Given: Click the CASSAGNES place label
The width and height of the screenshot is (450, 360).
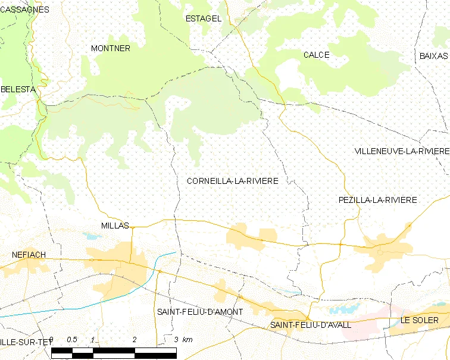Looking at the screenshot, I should (x=25, y=10).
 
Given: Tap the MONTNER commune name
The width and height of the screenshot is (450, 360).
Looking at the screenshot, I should (x=110, y=48).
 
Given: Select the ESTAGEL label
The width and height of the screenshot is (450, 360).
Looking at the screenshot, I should (x=204, y=18).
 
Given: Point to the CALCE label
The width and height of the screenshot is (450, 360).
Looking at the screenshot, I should (x=316, y=55).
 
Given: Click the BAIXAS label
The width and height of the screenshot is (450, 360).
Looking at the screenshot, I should (x=433, y=55).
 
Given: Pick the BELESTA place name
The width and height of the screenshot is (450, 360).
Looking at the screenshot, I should (x=18, y=89).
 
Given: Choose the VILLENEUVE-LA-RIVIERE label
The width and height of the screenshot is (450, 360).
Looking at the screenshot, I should (x=402, y=151).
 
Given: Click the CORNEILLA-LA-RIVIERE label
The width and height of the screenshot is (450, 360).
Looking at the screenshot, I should (x=232, y=180).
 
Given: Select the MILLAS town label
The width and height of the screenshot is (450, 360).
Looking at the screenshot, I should (x=115, y=226).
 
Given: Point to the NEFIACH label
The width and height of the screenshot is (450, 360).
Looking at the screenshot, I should (x=29, y=255).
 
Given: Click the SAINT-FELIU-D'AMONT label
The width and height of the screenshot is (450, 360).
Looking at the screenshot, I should (x=199, y=312).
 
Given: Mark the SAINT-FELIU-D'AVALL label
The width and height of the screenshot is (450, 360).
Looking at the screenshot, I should (x=310, y=325).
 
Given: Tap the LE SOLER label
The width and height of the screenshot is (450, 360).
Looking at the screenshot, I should (x=420, y=320).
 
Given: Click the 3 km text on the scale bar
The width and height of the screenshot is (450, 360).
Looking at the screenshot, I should (x=183, y=339).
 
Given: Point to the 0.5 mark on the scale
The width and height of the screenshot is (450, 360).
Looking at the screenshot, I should (x=72, y=339).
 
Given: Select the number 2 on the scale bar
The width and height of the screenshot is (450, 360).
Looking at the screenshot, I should (x=135, y=339).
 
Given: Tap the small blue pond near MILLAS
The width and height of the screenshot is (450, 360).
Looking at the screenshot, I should (x=93, y=236).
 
